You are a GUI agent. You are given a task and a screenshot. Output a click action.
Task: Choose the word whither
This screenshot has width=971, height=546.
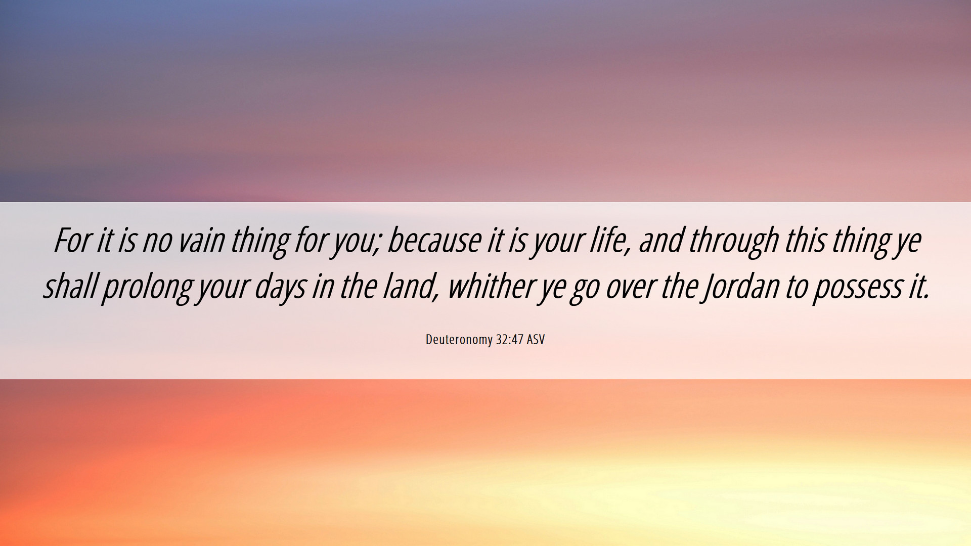coord(491,286)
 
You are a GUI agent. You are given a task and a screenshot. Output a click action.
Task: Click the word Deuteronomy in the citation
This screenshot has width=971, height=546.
coord(459,340)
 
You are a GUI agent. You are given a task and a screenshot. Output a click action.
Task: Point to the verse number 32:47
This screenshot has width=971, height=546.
coord(509,339)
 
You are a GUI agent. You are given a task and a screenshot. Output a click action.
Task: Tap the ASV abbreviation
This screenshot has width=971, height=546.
coord(536,339)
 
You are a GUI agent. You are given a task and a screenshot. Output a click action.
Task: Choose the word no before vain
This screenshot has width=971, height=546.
coord(157,242)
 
